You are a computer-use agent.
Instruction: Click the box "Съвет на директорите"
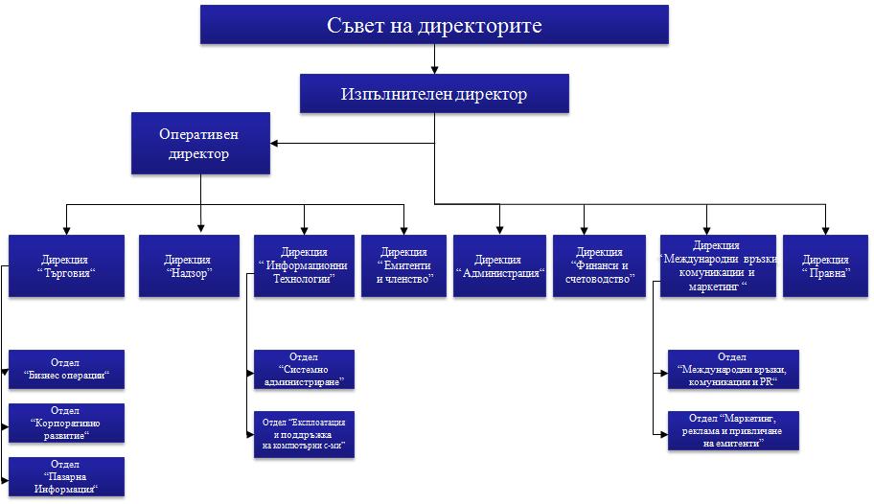tap(434, 25)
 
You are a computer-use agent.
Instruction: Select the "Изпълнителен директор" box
tap(434, 95)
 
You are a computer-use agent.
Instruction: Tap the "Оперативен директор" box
tap(200, 144)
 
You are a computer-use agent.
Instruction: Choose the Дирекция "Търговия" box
tap(66, 265)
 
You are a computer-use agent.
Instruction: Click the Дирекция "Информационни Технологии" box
tap(304, 265)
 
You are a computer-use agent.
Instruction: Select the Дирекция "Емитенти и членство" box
tap(405, 265)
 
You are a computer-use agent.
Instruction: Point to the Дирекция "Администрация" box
tap(498, 265)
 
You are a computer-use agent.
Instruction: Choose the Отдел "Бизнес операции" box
tap(66, 369)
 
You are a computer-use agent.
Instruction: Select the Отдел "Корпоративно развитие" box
tap(66, 423)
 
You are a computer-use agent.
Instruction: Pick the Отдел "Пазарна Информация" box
tap(66, 476)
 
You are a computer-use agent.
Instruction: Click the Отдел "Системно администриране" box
tap(304, 369)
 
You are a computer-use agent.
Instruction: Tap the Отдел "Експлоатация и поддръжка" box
tap(304, 435)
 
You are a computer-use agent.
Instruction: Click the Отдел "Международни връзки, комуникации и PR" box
tap(732, 369)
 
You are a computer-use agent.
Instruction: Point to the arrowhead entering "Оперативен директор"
tap(275, 145)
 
